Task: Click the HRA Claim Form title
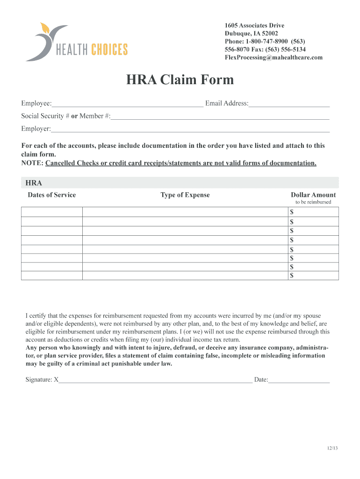click(180, 80)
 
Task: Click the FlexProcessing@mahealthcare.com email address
click(274, 58)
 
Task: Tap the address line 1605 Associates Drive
click(254, 26)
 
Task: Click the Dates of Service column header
click(51, 195)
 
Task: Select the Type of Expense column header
click(185, 195)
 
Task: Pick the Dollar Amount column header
click(313, 195)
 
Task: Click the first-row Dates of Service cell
click(52, 212)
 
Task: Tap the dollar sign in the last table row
click(292, 276)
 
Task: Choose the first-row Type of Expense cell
click(185, 212)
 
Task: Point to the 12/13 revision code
click(332, 449)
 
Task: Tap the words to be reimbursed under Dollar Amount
click(313, 202)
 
